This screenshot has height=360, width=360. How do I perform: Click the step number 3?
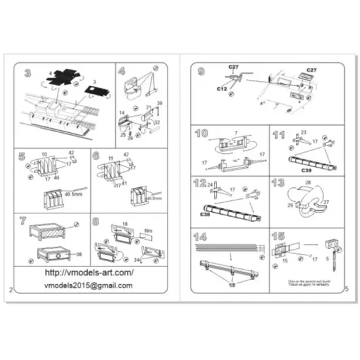click(27, 73)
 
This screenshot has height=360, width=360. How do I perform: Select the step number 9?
click(201, 73)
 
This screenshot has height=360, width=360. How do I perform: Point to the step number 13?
click(278, 183)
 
